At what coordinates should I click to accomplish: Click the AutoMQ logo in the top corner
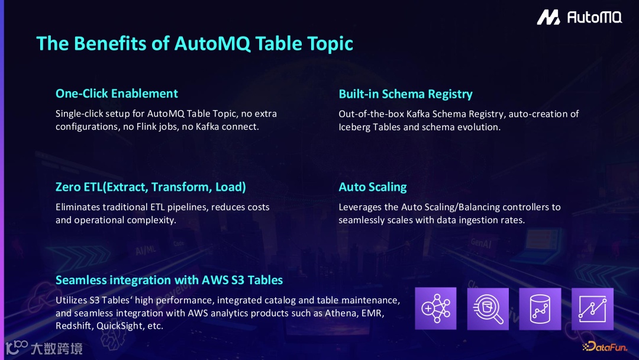pyautogui.click(x=579, y=18)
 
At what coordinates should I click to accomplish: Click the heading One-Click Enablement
pyautogui.click(x=117, y=94)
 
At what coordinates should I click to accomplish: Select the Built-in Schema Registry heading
pyautogui.click(x=405, y=94)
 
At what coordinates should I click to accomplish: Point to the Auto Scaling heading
pyautogui.click(x=373, y=187)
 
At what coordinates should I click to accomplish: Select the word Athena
pyautogui.click(x=341, y=313)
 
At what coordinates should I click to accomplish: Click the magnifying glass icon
pyautogui.click(x=488, y=308)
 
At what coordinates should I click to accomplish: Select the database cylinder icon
pyautogui.click(x=540, y=308)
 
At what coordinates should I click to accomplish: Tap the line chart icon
pyautogui.click(x=592, y=308)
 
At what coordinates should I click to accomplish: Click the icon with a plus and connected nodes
pyautogui.click(x=436, y=308)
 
